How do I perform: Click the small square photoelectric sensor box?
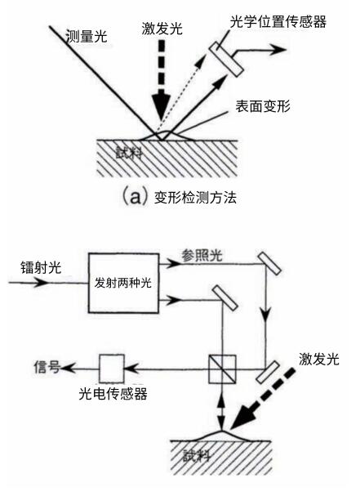click(x=112, y=367)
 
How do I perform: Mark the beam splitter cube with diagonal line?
click(x=221, y=368)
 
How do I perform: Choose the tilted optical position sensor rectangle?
click(x=228, y=53)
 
